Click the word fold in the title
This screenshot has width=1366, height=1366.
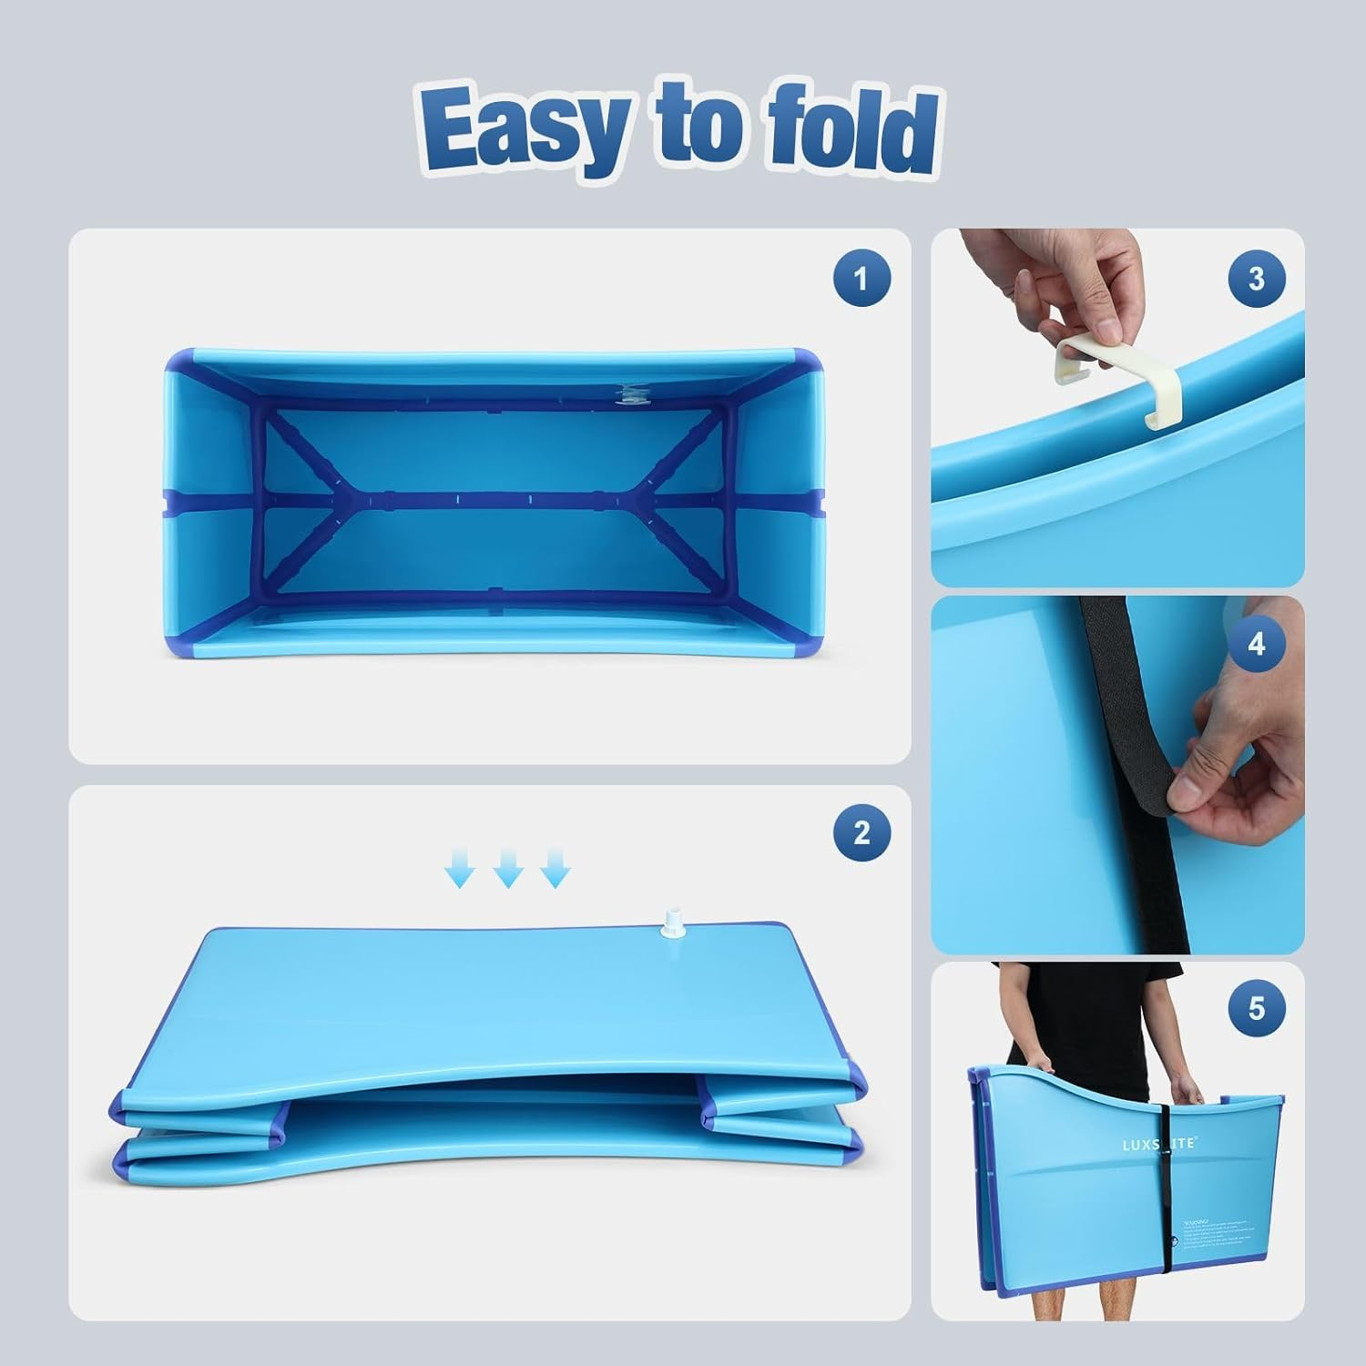851,130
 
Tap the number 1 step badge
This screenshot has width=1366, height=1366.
861,278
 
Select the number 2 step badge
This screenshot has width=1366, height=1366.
861,832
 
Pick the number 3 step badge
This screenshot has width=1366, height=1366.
1257,279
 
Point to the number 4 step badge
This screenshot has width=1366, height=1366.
1257,645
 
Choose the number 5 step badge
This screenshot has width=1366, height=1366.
1257,1009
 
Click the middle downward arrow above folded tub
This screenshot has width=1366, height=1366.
508,869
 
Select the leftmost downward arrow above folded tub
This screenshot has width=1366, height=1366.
461,869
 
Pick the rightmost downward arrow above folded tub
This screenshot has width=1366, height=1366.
556,869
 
